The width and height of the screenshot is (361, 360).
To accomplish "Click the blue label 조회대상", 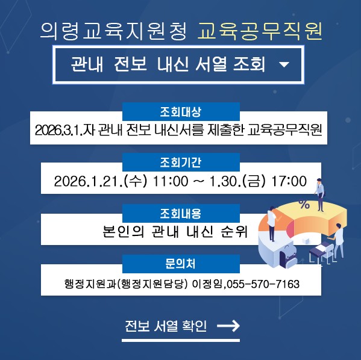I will [181, 112].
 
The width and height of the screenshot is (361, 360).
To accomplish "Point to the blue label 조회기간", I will [181, 163].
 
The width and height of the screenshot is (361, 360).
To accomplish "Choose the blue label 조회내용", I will [181, 213].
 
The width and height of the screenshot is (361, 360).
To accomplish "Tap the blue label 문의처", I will [181, 264].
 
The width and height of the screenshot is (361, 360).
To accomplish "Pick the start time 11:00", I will [171, 181].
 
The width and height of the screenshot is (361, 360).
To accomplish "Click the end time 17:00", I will [289, 181].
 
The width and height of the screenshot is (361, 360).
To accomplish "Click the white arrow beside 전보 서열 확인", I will [228, 326].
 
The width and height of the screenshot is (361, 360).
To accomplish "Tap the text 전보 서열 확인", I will [165, 326].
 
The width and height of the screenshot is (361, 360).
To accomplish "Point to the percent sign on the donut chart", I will [304, 205].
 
